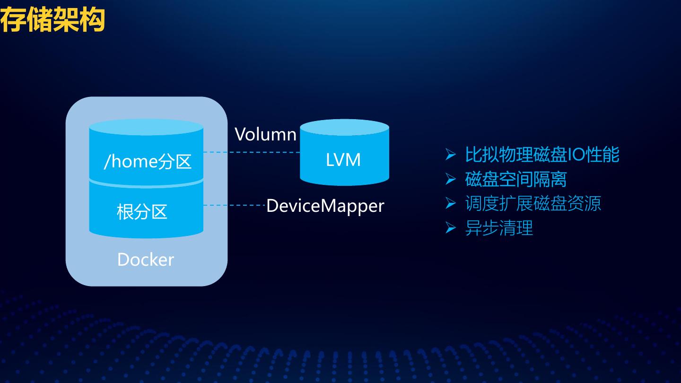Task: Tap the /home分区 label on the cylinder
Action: (x=148, y=162)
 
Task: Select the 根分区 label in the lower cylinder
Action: (x=142, y=211)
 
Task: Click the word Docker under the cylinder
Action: (x=146, y=260)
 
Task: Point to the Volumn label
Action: (x=266, y=134)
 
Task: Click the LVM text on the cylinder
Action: (x=343, y=160)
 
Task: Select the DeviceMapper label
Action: (x=325, y=206)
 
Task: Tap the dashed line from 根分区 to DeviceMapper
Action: (x=234, y=205)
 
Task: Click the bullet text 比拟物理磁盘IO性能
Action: (x=542, y=155)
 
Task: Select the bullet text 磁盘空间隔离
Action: (x=516, y=179)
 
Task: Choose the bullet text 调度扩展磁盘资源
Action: (x=533, y=204)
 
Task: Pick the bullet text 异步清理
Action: (x=499, y=228)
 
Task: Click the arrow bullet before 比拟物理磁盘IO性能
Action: (x=450, y=155)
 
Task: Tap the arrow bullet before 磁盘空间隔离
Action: (x=450, y=179)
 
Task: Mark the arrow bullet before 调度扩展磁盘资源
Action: (x=450, y=204)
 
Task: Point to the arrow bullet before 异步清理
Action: (x=450, y=228)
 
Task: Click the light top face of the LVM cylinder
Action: (x=344, y=128)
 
